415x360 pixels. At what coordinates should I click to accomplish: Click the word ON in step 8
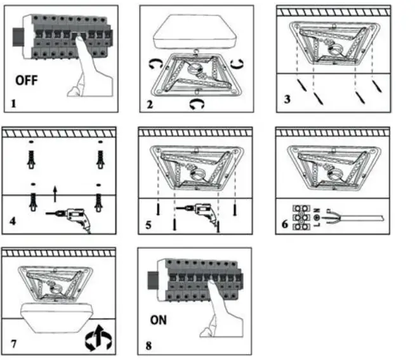(159, 320)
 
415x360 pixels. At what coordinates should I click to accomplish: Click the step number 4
(14, 223)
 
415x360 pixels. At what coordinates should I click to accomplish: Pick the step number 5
(149, 224)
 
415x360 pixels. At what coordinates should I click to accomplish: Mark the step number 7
(14, 345)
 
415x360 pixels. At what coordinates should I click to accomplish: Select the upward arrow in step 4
(56, 188)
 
